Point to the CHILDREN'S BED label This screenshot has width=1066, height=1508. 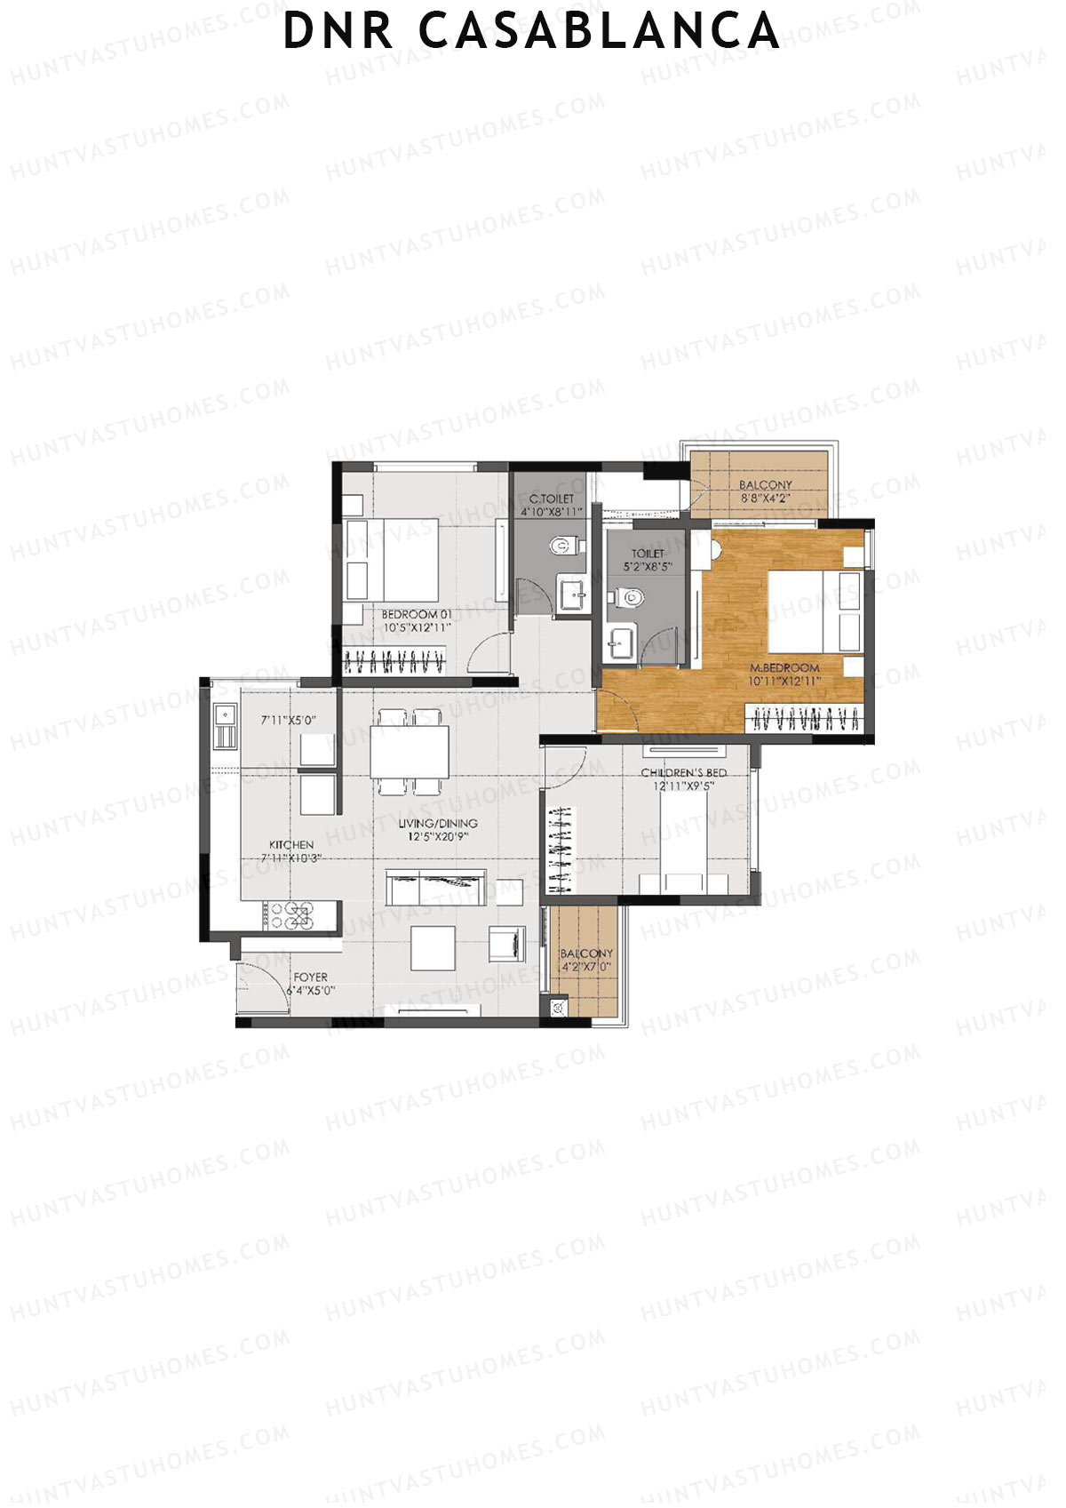(x=683, y=773)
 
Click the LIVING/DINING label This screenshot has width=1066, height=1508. (x=437, y=824)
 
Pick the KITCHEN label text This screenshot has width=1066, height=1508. (x=291, y=844)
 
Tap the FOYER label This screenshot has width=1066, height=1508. (x=311, y=977)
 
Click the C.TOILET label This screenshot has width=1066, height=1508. (x=552, y=499)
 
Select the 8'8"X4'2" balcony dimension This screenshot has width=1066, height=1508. (x=765, y=499)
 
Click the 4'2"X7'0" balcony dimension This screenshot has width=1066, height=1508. (x=586, y=967)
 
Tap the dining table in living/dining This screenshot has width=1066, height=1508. (x=410, y=752)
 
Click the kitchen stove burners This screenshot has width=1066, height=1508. (x=291, y=915)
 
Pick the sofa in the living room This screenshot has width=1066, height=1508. (x=436, y=888)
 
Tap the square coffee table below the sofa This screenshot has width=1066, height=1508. (x=433, y=948)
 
